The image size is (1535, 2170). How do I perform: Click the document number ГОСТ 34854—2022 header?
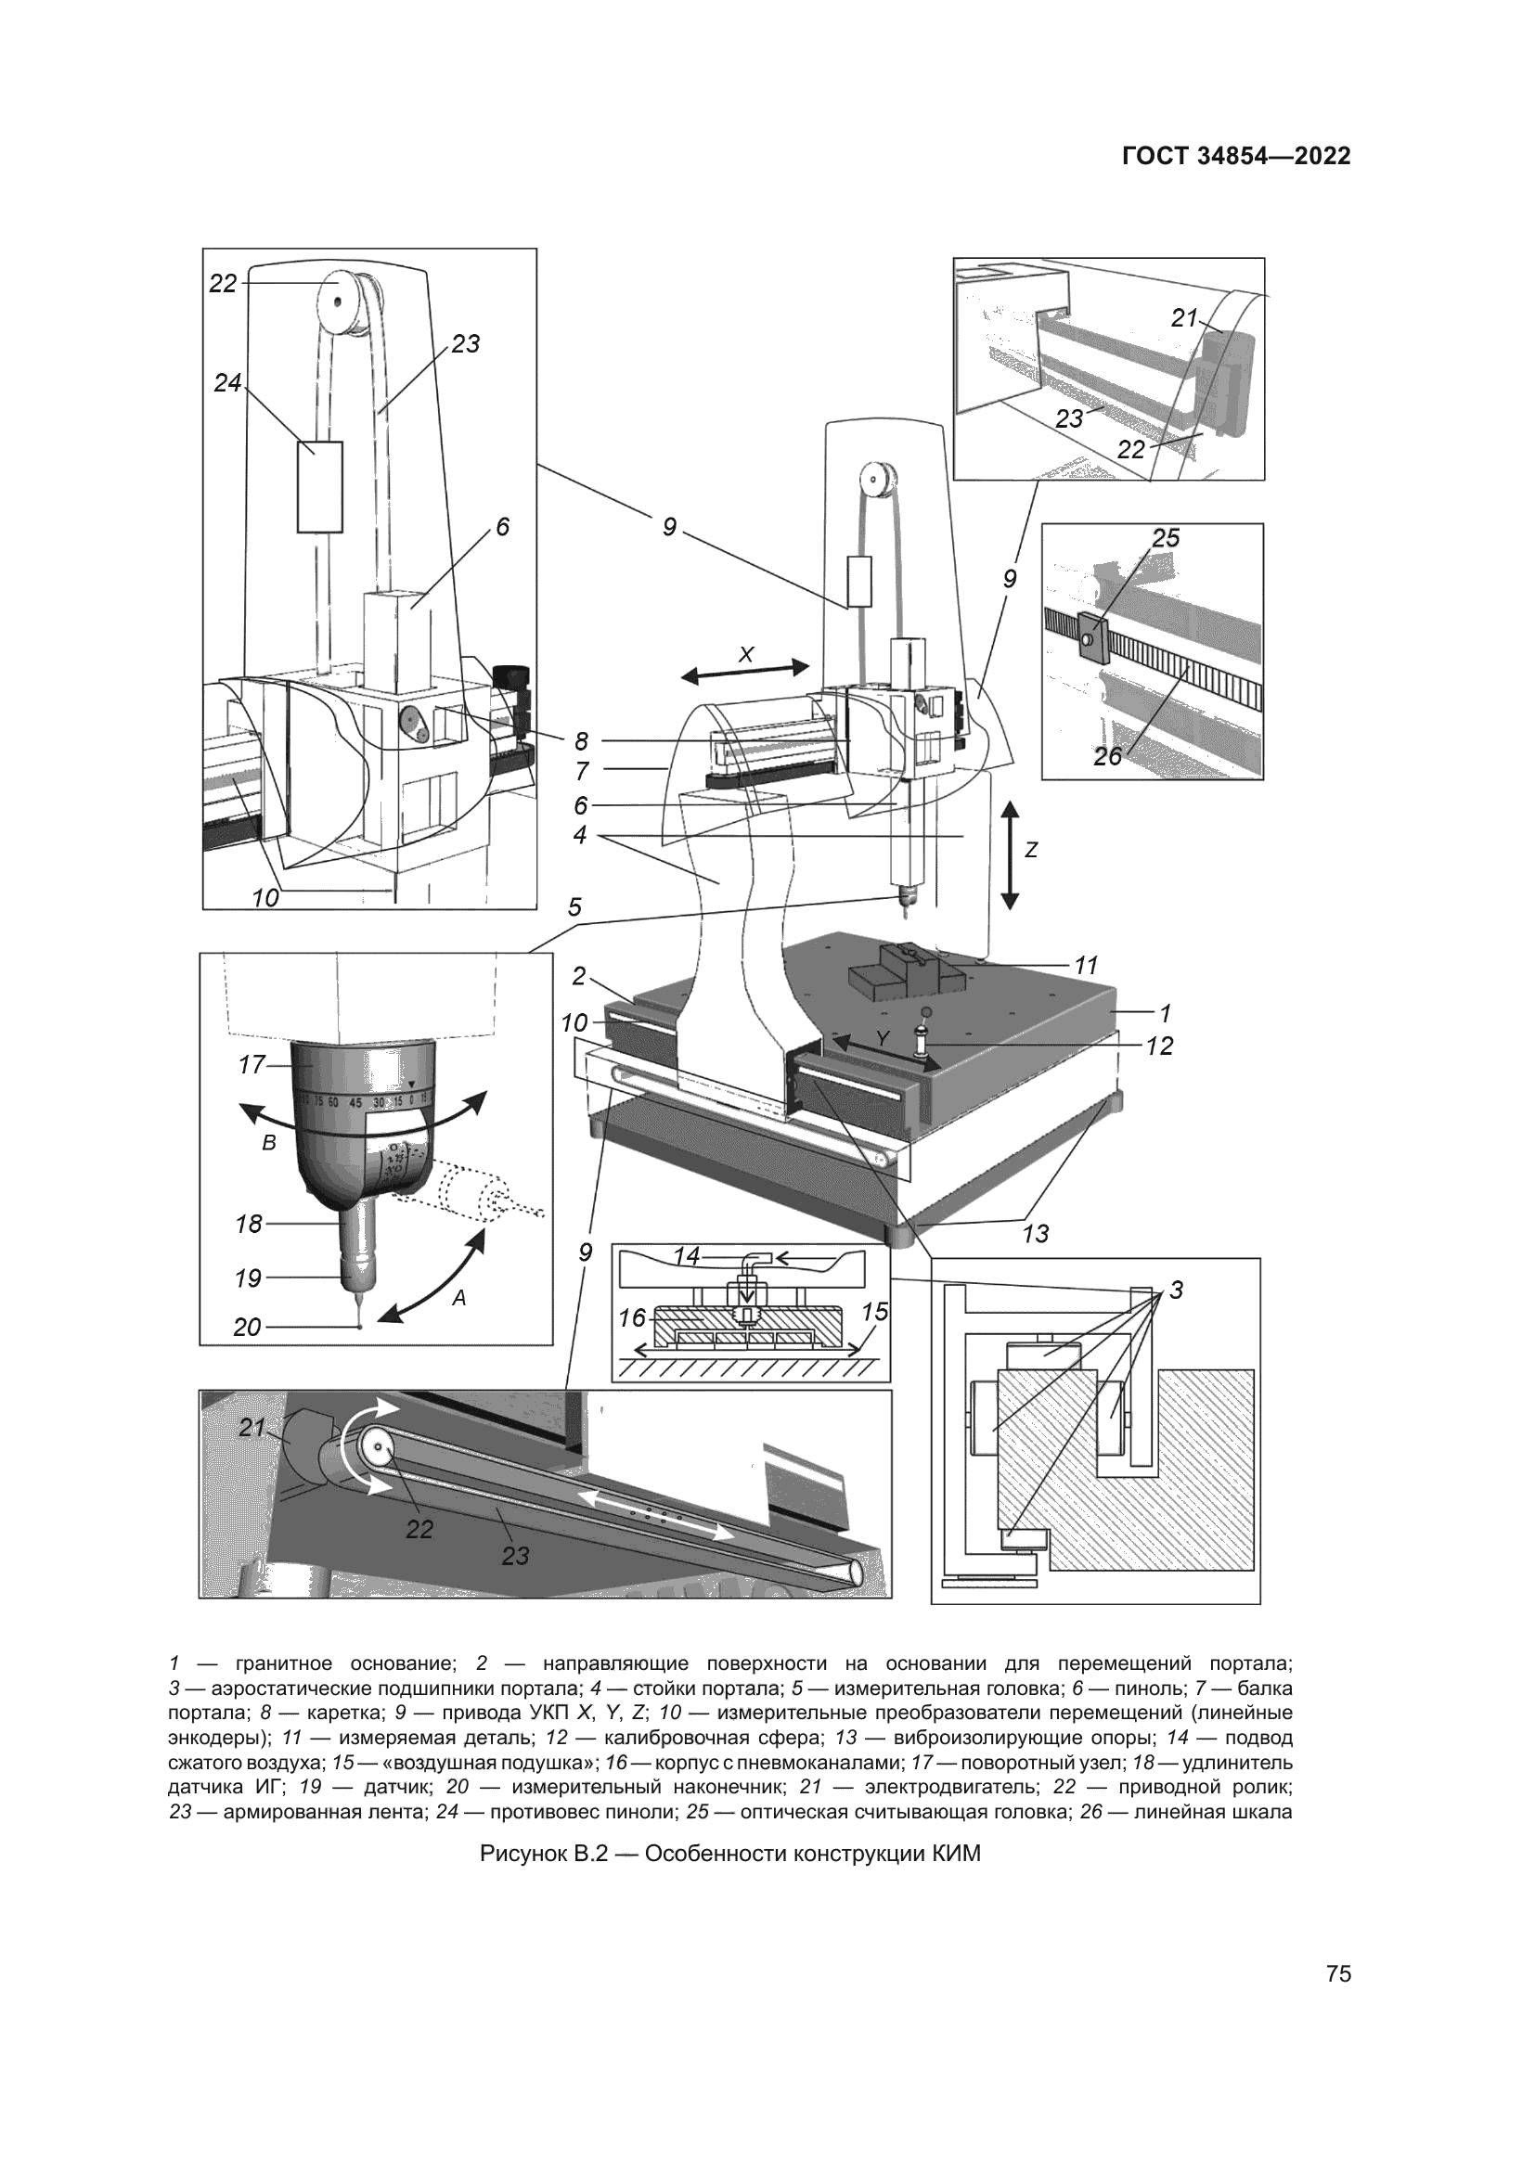[1235, 157]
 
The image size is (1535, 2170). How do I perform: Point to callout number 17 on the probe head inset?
[252, 1065]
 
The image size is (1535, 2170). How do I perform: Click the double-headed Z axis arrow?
[1010, 854]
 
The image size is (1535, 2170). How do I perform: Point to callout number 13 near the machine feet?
[1036, 1233]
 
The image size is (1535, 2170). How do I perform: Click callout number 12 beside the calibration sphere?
[1159, 1046]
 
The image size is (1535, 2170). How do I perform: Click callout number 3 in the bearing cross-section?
[1176, 1290]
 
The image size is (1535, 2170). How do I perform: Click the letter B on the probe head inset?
[269, 1143]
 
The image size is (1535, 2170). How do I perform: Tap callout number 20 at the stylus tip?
[247, 1327]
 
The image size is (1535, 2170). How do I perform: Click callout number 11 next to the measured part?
[1086, 966]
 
